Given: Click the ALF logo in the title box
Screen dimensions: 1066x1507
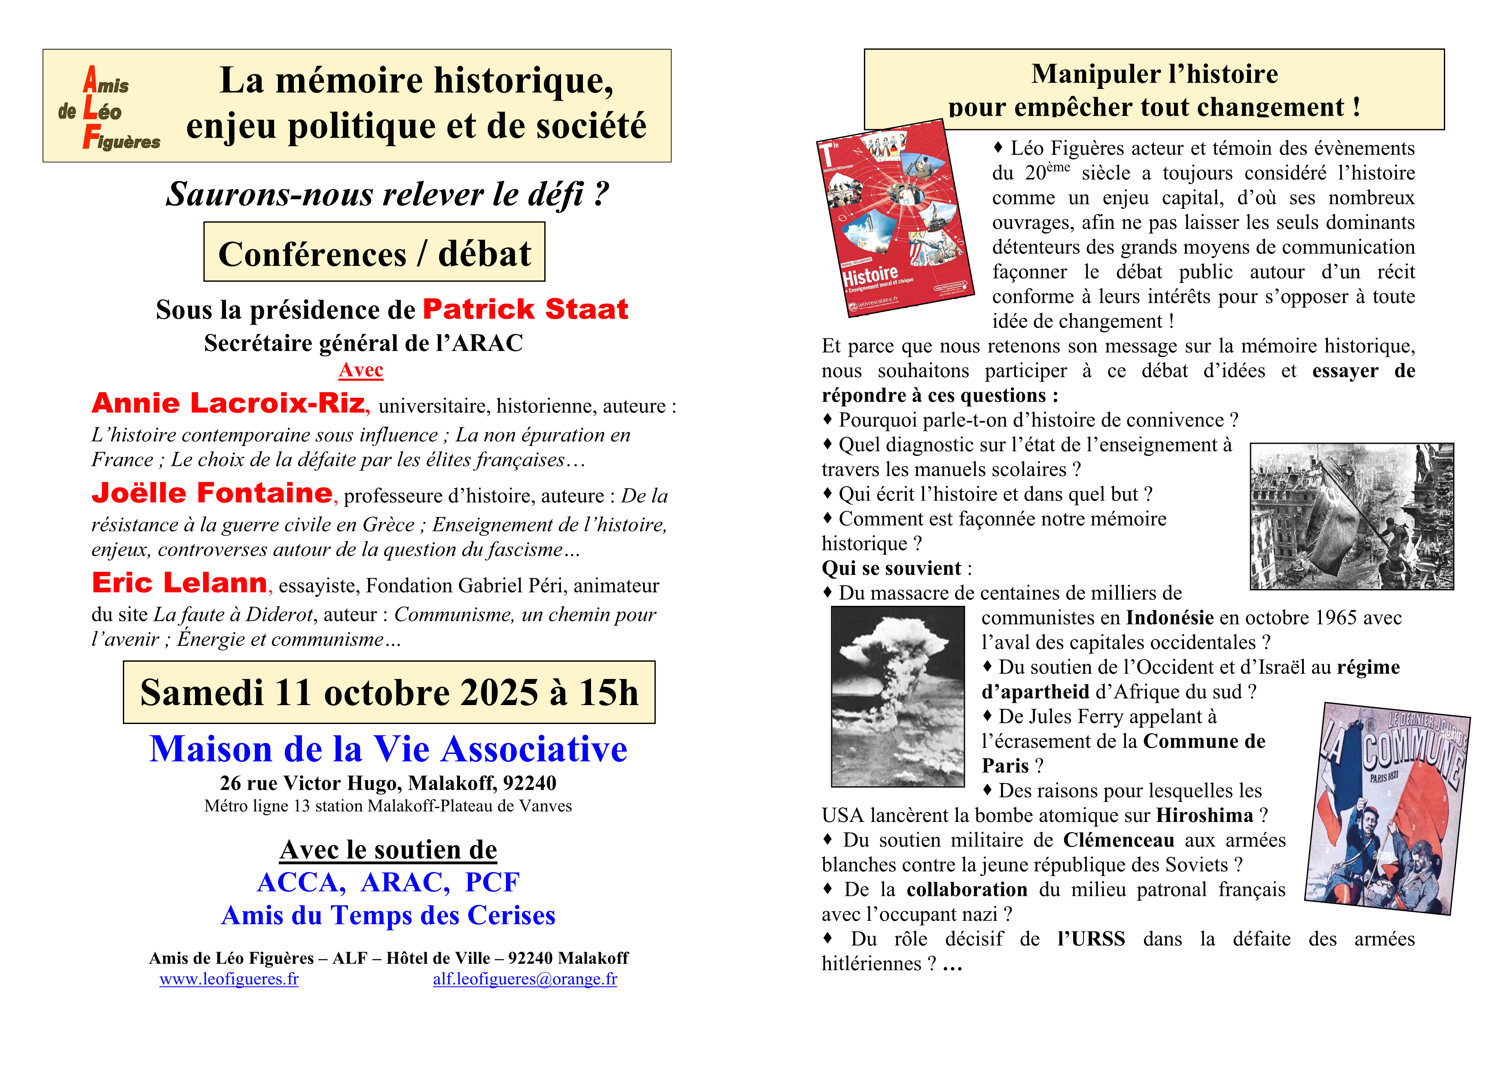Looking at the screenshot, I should point(108,108).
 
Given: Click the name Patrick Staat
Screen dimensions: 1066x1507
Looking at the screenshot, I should point(525,309).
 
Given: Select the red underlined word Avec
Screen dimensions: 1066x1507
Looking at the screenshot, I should point(361,370).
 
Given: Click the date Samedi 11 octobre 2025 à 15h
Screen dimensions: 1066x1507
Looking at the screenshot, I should point(389,693).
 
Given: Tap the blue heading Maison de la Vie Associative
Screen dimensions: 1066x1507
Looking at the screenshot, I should point(389,750).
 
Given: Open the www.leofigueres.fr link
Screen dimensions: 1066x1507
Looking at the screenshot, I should point(229,979).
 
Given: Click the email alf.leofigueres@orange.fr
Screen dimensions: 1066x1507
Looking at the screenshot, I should point(525,979).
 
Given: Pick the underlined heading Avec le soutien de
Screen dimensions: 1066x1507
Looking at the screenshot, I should point(389,850).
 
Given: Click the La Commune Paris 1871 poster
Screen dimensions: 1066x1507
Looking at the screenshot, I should point(1386,809).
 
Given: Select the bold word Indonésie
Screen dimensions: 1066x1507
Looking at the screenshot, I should point(1170,618).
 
